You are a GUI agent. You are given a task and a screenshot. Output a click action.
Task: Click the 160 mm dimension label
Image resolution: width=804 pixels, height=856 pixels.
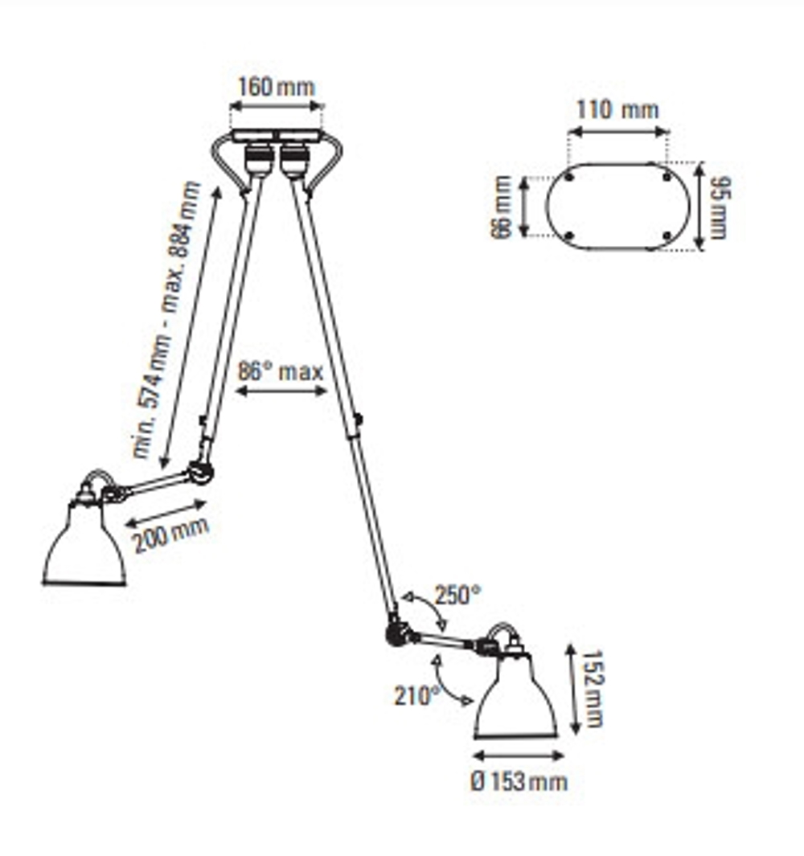pos(276,88)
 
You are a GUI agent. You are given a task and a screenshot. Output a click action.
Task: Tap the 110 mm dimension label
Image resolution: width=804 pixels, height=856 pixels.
pos(617,110)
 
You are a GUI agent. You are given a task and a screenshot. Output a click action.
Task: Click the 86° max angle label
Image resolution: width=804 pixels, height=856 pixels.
pos(281,372)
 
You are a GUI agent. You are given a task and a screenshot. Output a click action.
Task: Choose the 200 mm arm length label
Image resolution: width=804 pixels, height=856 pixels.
pos(170,534)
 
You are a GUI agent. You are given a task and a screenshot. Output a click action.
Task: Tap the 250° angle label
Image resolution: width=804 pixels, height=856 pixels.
pos(457,596)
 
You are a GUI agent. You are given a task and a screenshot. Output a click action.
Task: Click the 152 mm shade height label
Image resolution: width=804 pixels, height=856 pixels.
pos(593,689)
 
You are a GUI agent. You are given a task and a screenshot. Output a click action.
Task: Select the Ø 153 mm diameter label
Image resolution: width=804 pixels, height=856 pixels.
pos(519,780)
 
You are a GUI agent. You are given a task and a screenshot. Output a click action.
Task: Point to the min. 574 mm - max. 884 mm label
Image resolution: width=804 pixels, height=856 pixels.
pos(167,320)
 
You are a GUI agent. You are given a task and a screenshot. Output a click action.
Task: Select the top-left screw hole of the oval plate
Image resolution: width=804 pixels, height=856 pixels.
pos(569,177)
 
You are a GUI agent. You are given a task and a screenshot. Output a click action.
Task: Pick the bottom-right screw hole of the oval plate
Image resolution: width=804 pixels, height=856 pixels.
pos(667,235)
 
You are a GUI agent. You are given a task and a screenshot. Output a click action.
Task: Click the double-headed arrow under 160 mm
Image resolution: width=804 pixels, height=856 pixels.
pos(276,105)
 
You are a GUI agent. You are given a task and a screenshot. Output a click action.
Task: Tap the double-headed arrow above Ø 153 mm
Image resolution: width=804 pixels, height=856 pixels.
pos(519,756)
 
